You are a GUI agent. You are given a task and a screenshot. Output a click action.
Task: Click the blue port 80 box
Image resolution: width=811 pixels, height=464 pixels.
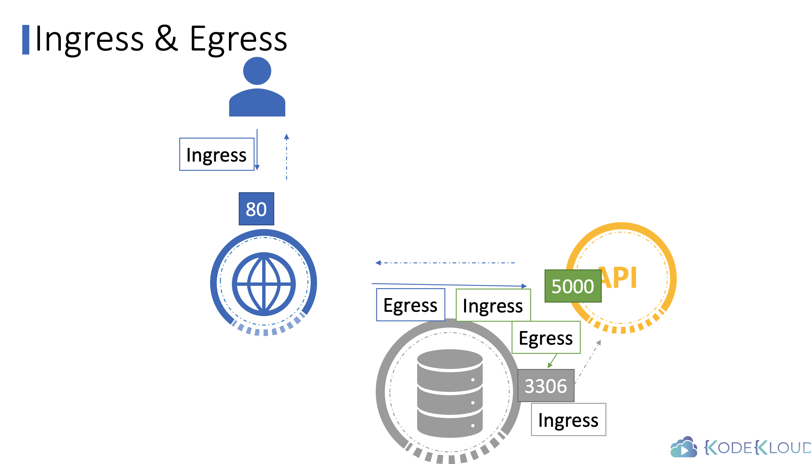[256, 209]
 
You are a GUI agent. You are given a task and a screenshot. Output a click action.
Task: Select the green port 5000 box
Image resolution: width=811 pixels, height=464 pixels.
[572, 286]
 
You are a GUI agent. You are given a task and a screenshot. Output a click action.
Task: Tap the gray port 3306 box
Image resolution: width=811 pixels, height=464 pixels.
[546, 386]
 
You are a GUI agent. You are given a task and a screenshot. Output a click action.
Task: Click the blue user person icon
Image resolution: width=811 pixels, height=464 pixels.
[257, 87]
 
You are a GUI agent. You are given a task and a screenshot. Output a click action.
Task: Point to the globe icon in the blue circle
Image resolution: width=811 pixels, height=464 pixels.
[263, 284]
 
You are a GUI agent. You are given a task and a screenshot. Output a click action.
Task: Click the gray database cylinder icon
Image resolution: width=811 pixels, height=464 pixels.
[449, 393]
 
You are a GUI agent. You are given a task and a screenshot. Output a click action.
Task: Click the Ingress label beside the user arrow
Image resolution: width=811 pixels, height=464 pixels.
[217, 155]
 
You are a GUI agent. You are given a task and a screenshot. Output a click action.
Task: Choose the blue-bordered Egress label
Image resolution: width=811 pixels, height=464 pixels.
[410, 305]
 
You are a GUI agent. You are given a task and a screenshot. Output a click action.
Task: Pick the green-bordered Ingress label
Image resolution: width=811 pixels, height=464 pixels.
[493, 305]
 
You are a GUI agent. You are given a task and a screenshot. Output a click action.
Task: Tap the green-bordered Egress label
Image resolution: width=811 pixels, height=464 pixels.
[546, 338]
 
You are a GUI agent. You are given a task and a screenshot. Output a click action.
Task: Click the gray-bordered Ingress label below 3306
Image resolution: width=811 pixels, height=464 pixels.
[568, 419]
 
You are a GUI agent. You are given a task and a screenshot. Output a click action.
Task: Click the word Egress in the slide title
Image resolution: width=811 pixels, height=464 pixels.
[238, 39]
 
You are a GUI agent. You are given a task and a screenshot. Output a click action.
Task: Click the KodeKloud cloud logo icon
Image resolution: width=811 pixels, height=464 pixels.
[684, 447]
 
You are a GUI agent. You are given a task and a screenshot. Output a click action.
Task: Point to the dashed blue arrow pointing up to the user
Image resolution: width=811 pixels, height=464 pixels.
[286, 156]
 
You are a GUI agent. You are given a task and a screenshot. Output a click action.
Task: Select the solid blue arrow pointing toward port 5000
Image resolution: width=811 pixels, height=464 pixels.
[449, 285]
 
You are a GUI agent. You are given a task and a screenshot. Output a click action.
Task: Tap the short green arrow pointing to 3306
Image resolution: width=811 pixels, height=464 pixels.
[552, 361]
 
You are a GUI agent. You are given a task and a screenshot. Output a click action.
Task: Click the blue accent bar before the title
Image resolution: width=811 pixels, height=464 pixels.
[26, 40]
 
